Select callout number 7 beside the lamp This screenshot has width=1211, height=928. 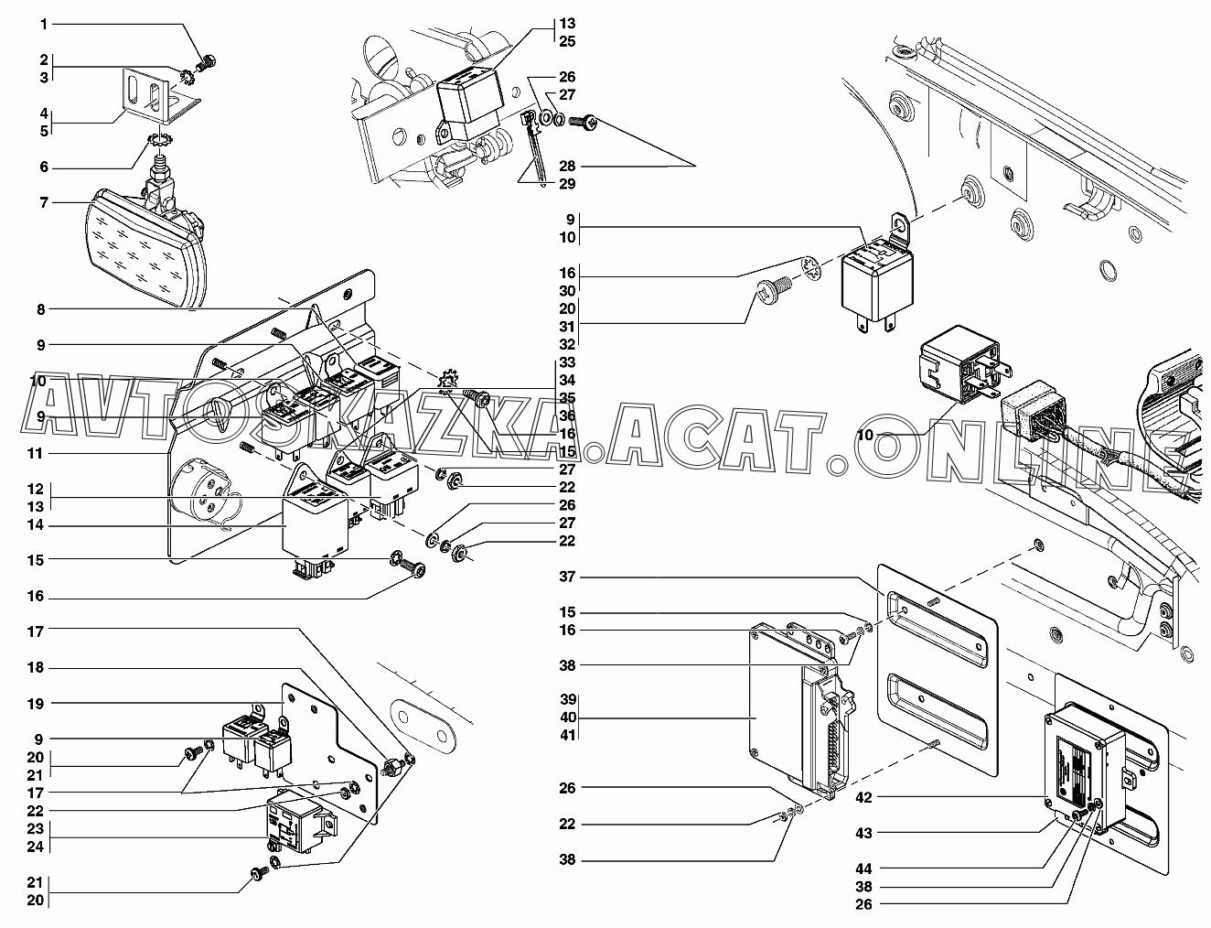(43, 202)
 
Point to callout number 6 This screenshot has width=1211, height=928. (43, 167)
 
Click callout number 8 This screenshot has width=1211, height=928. (40, 310)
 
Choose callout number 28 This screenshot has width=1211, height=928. (567, 166)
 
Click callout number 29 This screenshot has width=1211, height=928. (567, 184)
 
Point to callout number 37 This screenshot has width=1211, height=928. (567, 577)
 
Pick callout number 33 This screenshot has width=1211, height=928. (567, 362)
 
